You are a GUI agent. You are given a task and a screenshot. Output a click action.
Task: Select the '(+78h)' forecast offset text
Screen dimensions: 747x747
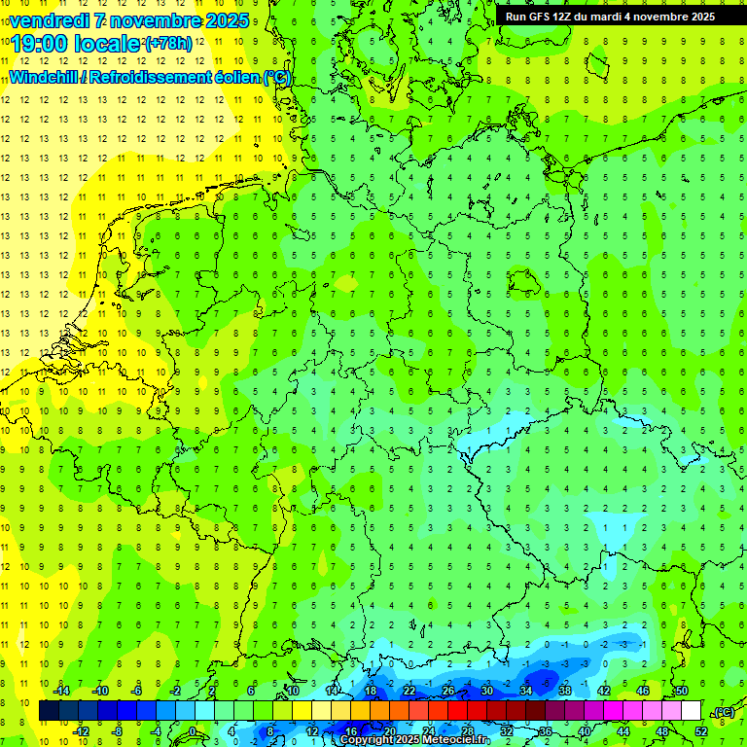(x=168, y=44)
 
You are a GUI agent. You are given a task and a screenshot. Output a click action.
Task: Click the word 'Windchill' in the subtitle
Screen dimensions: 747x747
(x=45, y=77)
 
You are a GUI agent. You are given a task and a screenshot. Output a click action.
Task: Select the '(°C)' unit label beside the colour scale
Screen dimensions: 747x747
(x=723, y=712)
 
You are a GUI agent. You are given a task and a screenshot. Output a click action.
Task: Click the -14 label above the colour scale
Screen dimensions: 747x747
(x=61, y=691)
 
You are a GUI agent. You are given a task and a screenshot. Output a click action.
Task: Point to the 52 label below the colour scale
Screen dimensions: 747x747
(x=700, y=731)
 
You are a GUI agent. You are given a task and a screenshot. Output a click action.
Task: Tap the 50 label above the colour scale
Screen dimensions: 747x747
(x=681, y=691)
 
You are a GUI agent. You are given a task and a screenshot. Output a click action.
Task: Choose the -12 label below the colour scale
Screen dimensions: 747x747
(x=81, y=731)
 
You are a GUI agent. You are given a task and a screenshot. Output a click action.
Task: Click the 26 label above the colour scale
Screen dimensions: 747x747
(x=447, y=691)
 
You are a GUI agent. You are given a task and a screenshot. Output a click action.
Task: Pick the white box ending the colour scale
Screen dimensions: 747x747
(x=691, y=711)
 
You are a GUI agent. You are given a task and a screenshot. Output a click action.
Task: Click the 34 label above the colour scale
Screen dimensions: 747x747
(x=525, y=691)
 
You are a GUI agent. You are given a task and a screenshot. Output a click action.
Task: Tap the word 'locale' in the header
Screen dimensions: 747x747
(x=108, y=45)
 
